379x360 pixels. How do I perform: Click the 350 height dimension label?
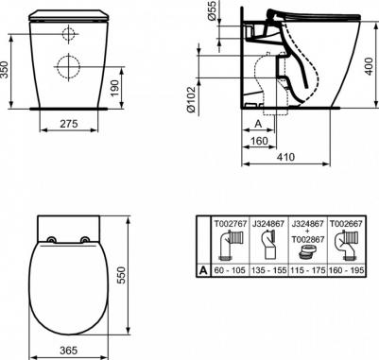click(x=5, y=69)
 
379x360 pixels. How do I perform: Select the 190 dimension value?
click(x=115, y=89)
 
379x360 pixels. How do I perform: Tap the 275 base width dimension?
click(x=69, y=124)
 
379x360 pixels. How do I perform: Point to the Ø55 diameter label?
click(x=213, y=10)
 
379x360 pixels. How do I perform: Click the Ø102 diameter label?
click(x=191, y=99)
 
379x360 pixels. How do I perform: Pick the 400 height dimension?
click(x=370, y=66)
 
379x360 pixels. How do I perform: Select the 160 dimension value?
click(x=259, y=141)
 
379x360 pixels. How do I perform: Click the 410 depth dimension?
click(x=285, y=157)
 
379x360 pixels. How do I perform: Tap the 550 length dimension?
click(x=121, y=276)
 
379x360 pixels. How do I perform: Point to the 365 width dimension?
click(x=68, y=350)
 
